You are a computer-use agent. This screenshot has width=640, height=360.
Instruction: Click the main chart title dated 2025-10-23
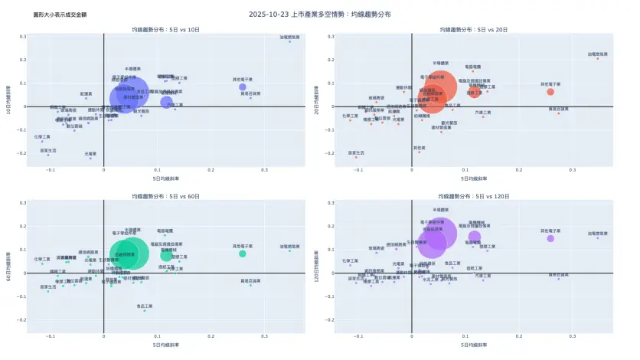(x=320, y=14)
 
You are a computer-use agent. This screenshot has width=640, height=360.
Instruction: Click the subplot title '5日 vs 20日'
(x=475, y=29)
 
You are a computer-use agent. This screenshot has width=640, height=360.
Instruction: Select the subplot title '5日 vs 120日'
(x=475, y=197)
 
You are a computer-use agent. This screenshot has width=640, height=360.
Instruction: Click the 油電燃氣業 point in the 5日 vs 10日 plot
(x=289, y=41)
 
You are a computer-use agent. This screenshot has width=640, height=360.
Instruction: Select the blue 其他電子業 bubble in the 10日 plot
(x=242, y=87)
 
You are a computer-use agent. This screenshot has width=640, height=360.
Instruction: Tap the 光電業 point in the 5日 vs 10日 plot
(x=90, y=158)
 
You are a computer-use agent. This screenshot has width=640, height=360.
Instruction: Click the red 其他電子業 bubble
(x=550, y=92)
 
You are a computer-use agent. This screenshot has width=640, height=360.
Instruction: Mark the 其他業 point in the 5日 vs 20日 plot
(x=419, y=152)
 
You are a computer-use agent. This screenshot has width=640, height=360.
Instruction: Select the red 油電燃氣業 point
(x=598, y=58)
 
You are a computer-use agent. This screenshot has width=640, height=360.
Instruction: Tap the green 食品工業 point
(x=144, y=310)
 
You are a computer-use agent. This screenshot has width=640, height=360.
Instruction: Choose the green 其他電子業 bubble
(x=242, y=254)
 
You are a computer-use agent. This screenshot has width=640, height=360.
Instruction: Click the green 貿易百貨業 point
(x=250, y=285)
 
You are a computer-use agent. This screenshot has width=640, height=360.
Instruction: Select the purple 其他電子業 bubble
(x=550, y=238)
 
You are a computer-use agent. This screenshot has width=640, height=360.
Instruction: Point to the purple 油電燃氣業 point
(x=598, y=237)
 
